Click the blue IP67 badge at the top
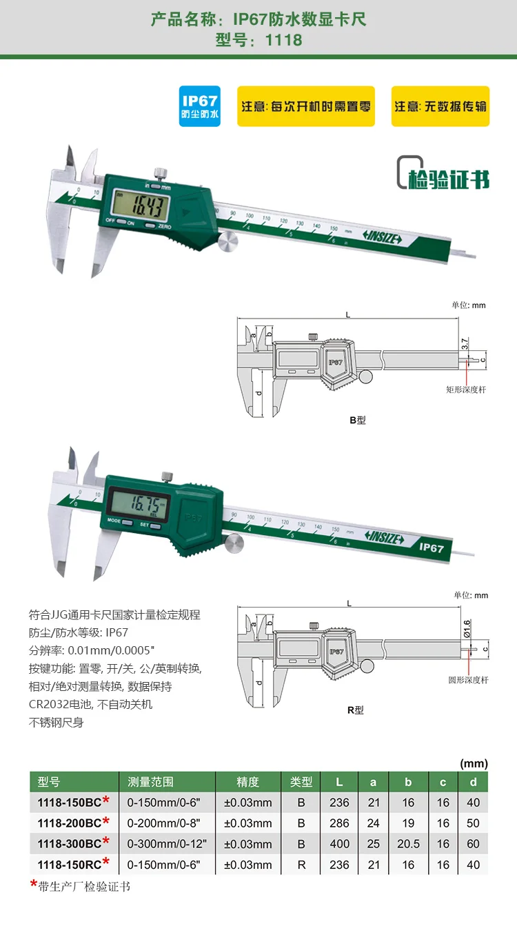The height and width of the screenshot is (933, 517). click(x=199, y=106)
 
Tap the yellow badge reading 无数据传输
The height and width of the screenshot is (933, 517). click(x=440, y=106)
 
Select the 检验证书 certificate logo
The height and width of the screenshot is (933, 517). click(x=443, y=174)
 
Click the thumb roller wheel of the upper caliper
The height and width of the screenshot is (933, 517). click(x=228, y=242)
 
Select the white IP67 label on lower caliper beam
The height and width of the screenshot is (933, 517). click(x=431, y=548)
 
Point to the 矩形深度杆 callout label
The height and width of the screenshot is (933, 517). click(x=466, y=390)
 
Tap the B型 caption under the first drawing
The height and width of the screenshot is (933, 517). click(x=356, y=420)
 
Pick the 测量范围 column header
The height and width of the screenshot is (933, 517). click(x=150, y=781)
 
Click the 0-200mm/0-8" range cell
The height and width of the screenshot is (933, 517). click(x=166, y=823)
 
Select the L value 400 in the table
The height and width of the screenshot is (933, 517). click(x=339, y=843)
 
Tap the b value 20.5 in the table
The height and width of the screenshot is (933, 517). click(x=408, y=843)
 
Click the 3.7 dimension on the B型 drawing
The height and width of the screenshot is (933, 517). click(x=465, y=342)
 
